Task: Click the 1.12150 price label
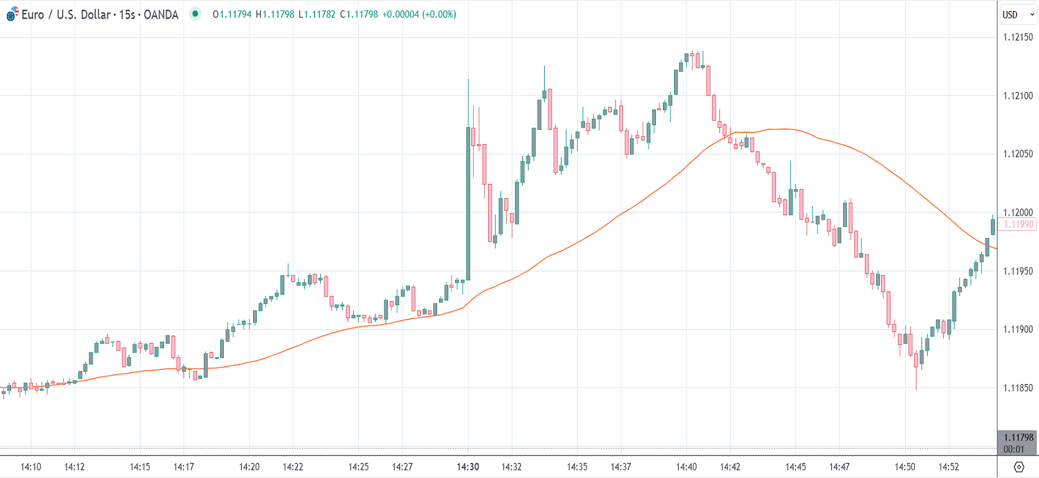click(x=1018, y=37)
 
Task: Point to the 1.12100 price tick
click(x=1018, y=96)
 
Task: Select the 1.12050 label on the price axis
click(x=1018, y=154)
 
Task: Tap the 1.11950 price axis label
click(x=1018, y=271)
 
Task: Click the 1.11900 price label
click(x=1018, y=329)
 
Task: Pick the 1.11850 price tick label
click(x=1018, y=388)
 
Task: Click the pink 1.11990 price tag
click(x=1018, y=224)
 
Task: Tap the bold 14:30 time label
click(x=468, y=467)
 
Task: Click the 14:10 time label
click(x=30, y=467)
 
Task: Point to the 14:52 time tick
click(x=949, y=467)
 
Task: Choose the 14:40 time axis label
click(x=686, y=467)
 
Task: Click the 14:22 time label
click(x=293, y=467)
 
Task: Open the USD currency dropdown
click(x=1018, y=14)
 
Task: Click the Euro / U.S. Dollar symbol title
click(x=99, y=14)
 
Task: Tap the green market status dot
click(x=195, y=14)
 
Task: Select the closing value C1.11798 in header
click(x=359, y=14)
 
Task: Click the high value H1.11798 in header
click(x=275, y=14)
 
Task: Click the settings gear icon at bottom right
click(x=1018, y=467)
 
